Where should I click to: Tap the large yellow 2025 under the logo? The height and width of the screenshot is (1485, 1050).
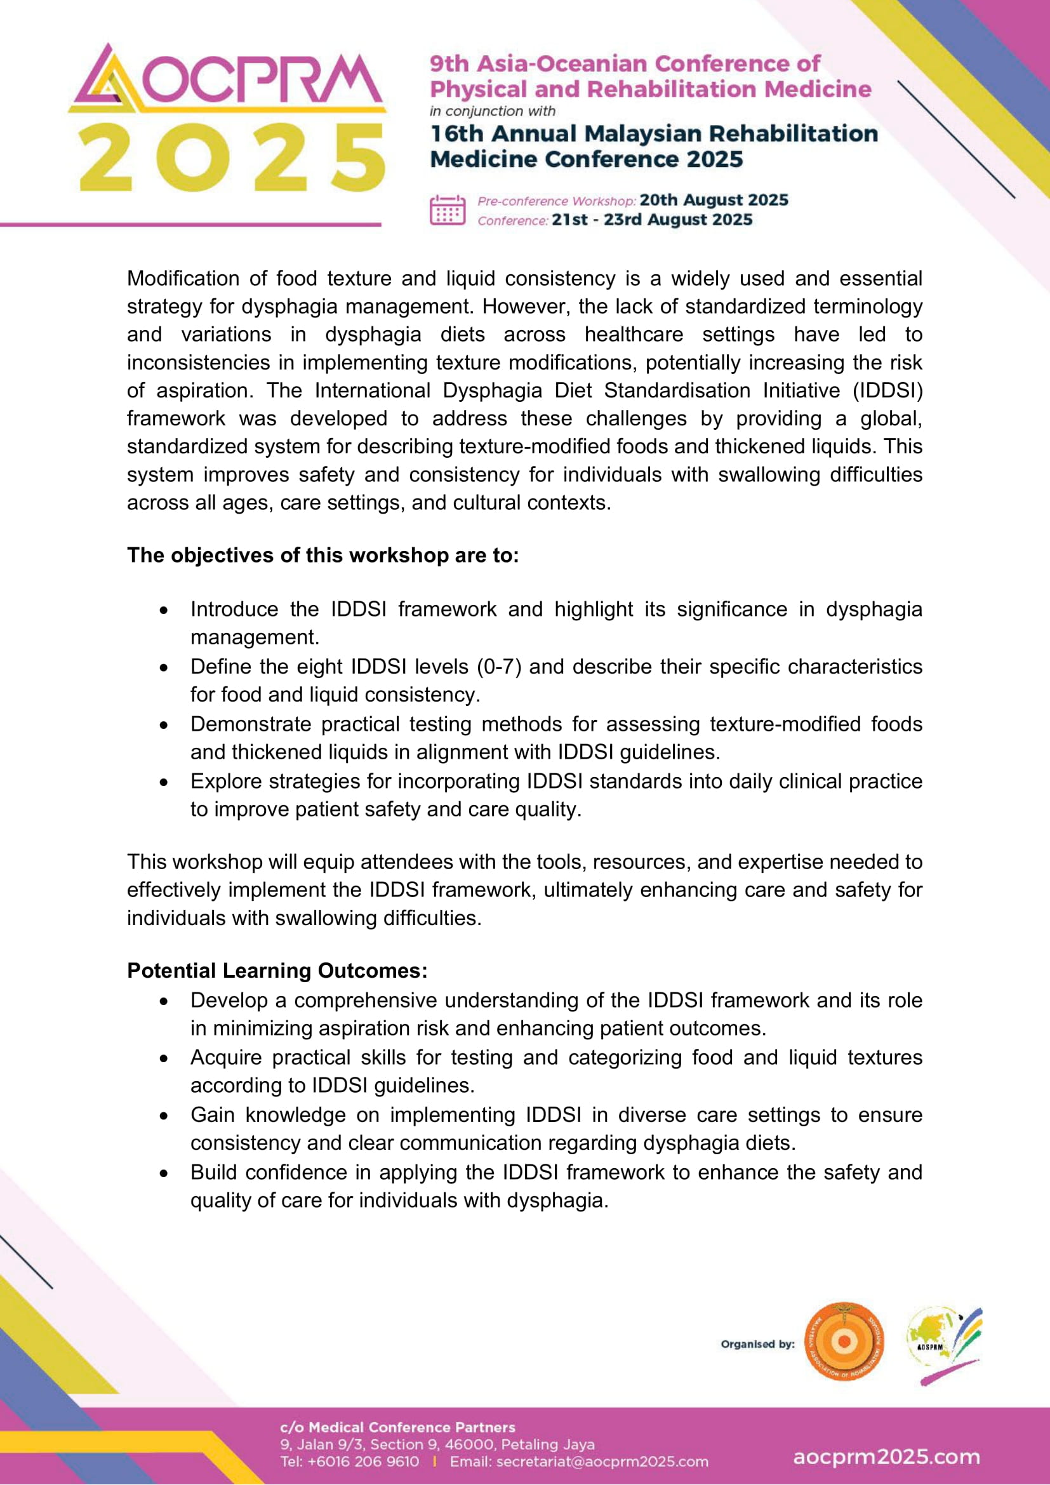(232, 158)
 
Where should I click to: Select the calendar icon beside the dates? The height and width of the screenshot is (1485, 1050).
(448, 210)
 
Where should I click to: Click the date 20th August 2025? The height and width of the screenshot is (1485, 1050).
(714, 200)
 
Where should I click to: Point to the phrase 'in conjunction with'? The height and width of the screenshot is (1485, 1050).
(493, 111)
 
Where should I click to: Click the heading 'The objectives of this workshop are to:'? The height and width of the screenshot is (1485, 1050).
(322, 556)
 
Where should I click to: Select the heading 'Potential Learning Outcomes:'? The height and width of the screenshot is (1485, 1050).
(277, 971)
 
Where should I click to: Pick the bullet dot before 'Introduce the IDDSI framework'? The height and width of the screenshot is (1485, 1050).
(165, 610)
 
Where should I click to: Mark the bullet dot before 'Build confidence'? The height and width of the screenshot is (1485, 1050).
(165, 1173)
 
